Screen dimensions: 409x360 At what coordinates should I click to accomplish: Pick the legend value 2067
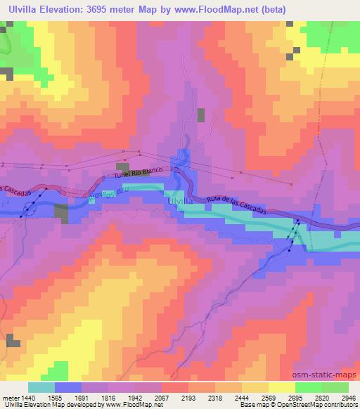pos(180,397)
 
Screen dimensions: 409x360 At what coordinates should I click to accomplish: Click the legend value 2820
pos(314,397)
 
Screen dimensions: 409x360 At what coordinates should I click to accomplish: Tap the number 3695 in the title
pos(105,8)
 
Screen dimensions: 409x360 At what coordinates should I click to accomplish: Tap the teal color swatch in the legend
pos(41,387)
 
